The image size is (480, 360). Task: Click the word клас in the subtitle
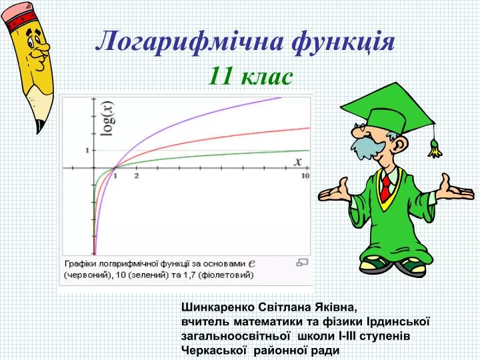coord(267,77)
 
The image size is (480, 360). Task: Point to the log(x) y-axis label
coord(108,119)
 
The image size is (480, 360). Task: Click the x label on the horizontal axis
coord(298,161)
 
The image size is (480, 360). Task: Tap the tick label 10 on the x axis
coord(305,176)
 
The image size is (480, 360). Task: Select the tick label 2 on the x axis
coord(137,176)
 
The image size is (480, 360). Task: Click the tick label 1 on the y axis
coord(87,150)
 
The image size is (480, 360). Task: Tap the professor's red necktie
coord(386,187)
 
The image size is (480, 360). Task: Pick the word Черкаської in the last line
coord(214,350)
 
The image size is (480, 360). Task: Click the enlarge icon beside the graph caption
coord(302,263)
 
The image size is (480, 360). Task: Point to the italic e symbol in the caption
coord(251,263)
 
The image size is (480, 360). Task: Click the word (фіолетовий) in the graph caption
coord(226,275)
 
